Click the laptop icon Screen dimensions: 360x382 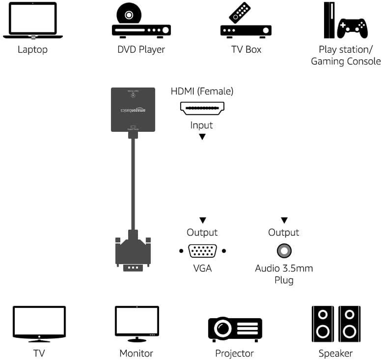32,21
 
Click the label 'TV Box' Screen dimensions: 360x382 246,49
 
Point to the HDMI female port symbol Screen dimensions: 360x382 202,108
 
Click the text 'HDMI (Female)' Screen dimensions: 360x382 202,91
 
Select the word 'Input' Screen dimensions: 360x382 201,125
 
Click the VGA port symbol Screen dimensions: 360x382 202,251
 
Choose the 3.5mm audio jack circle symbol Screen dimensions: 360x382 284,251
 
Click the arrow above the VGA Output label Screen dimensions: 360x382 202,220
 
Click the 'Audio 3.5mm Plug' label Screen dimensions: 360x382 284,274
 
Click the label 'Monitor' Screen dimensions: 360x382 136,353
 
